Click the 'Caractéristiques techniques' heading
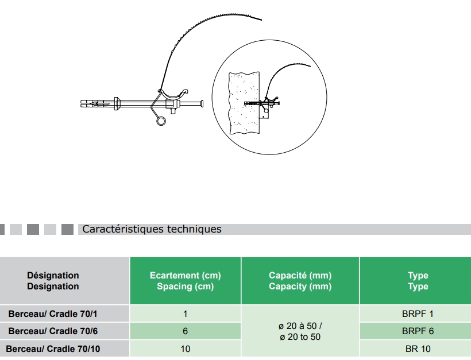(152, 229)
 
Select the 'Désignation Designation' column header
(53, 281)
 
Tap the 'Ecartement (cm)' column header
(185, 281)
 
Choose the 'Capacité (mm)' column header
(300, 281)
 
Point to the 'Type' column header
(418, 281)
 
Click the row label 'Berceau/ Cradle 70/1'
(53, 314)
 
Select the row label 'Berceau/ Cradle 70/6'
(53, 331)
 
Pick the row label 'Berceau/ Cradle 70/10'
(53, 349)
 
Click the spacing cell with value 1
(185, 314)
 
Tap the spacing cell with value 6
(185, 331)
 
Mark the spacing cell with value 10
(185, 349)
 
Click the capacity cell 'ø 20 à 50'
(300, 331)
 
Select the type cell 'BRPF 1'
(418, 314)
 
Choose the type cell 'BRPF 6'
(418, 331)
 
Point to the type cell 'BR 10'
(418, 349)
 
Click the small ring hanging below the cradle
(161, 121)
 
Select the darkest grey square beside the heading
(67, 229)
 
